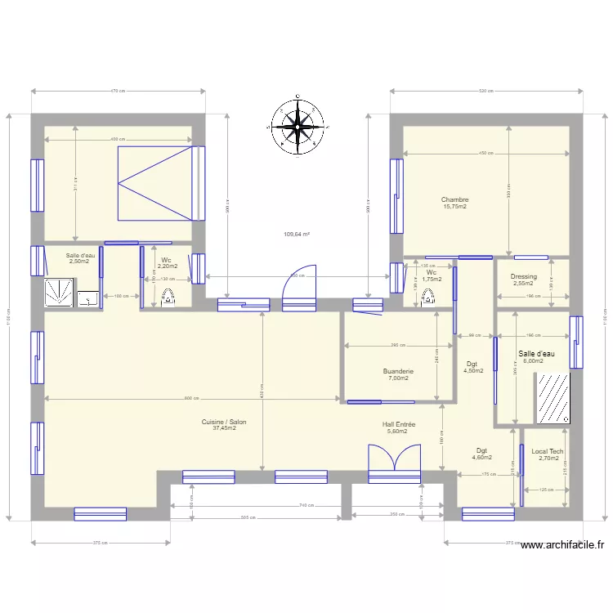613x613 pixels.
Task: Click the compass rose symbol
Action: click(295, 126)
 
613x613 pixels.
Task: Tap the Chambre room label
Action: click(454, 199)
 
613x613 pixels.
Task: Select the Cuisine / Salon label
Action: click(224, 422)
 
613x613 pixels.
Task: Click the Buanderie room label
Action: click(398, 371)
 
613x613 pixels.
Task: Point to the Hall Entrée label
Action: click(399, 424)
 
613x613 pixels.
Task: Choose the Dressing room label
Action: click(523, 277)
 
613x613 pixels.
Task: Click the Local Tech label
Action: click(547, 451)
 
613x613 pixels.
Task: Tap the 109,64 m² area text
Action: click(297, 235)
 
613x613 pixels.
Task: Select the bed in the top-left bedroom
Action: click(160, 184)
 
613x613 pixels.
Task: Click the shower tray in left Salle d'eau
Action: click(59, 292)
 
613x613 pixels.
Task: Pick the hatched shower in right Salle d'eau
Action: click(553, 399)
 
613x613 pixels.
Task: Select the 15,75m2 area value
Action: click(454, 207)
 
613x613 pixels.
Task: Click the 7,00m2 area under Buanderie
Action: click(398, 378)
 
